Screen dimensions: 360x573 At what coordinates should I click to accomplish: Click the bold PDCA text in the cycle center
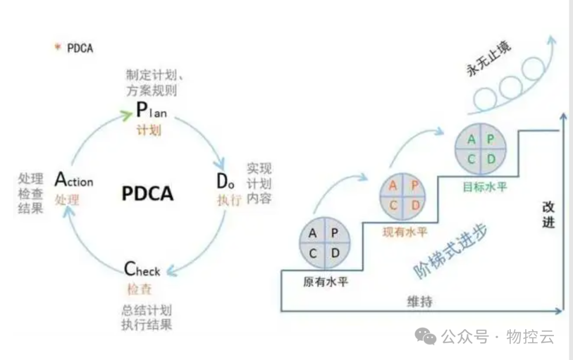pyautogui.click(x=147, y=193)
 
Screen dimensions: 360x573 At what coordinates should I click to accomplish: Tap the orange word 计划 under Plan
pyautogui.click(x=149, y=130)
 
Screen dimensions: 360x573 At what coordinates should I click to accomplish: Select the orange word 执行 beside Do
pyautogui.click(x=229, y=200)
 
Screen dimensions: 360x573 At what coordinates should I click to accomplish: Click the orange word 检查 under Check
pyautogui.click(x=139, y=289)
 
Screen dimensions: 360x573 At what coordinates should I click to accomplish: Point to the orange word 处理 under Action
pyautogui.click(x=67, y=200)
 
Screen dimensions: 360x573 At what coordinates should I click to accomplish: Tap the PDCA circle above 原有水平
pyautogui.click(x=323, y=243)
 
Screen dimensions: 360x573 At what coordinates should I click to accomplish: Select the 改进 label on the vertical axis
pyautogui.click(x=548, y=215)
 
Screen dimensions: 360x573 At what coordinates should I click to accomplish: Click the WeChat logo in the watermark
pyautogui.click(x=426, y=336)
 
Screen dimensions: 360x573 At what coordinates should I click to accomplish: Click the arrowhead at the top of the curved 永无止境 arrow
pyautogui.click(x=551, y=40)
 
